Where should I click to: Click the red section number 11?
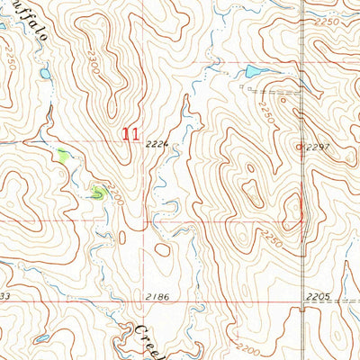click(130, 134)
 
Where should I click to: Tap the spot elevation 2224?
click(157, 143)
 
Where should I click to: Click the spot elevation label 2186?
click(157, 295)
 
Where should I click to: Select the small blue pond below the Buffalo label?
click(45, 74)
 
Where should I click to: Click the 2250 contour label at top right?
click(327, 22)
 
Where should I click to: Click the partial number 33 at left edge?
click(4, 295)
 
